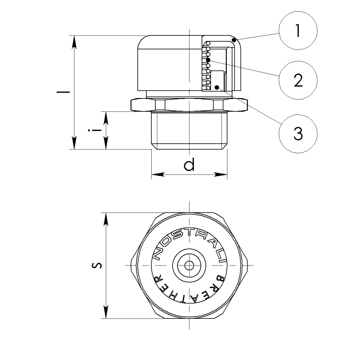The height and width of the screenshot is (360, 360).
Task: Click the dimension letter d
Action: coord(189,164)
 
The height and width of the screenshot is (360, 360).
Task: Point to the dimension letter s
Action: coord(97,265)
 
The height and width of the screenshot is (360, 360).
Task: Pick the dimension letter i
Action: coord(95,130)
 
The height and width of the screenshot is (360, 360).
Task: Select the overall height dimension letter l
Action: coord(63,92)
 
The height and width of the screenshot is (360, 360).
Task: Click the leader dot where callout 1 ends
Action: coord(234,40)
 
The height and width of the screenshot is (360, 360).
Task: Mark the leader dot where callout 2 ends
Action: coord(208,60)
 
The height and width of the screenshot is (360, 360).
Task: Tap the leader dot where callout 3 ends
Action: coord(216,87)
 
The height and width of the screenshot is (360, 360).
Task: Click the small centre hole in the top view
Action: coord(189,265)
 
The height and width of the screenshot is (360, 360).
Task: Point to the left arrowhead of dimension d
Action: coord(158,175)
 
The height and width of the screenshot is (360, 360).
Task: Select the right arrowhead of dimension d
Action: coord(220,175)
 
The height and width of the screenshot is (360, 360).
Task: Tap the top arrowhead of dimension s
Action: coord(106,219)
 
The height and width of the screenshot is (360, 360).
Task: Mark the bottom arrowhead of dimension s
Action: coord(106,312)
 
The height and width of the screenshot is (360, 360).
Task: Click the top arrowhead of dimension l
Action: coord(74,42)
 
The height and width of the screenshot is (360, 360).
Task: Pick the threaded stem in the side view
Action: coord(189,130)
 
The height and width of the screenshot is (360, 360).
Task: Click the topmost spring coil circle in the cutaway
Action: coord(208,43)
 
